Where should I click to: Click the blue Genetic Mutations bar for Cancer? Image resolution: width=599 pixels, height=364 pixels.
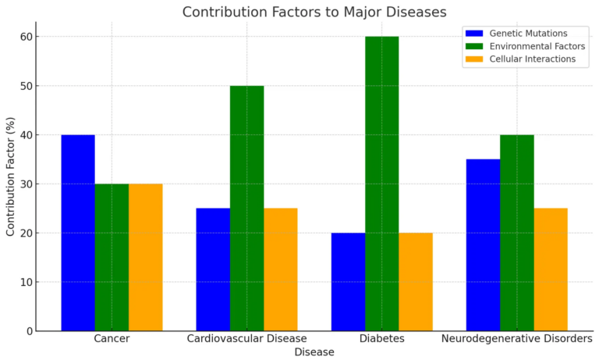point(78,233)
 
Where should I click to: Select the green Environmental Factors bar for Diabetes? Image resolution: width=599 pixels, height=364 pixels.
point(381,184)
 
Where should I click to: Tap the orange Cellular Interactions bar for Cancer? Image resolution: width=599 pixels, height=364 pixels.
point(146,257)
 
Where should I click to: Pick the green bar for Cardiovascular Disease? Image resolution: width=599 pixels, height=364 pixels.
point(246,209)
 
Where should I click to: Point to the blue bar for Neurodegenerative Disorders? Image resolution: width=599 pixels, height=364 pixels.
point(484,245)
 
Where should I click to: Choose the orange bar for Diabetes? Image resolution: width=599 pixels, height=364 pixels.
point(416,282)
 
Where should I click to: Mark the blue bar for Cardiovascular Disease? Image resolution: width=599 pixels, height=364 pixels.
point(213,269)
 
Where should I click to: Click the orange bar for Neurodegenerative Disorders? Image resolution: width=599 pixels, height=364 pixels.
point(551,269)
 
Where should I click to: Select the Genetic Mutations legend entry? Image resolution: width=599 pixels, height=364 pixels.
point(516,34)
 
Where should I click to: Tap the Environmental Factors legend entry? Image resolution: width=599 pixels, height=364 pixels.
point(525,46)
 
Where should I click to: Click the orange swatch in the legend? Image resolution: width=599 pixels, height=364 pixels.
point(474,59)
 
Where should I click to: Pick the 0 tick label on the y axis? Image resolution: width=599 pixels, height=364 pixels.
point(30,331)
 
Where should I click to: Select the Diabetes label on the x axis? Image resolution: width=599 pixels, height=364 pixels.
point(381,339)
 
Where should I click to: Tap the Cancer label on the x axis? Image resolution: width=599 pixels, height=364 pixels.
point(112,339)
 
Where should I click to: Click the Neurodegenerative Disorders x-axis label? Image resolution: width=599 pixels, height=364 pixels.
point(517,339)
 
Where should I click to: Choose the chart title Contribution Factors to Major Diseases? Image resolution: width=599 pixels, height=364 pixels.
point(314,12)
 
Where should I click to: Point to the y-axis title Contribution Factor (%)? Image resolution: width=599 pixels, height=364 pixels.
point(10,177)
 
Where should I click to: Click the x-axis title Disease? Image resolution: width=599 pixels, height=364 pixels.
point(314,352)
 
